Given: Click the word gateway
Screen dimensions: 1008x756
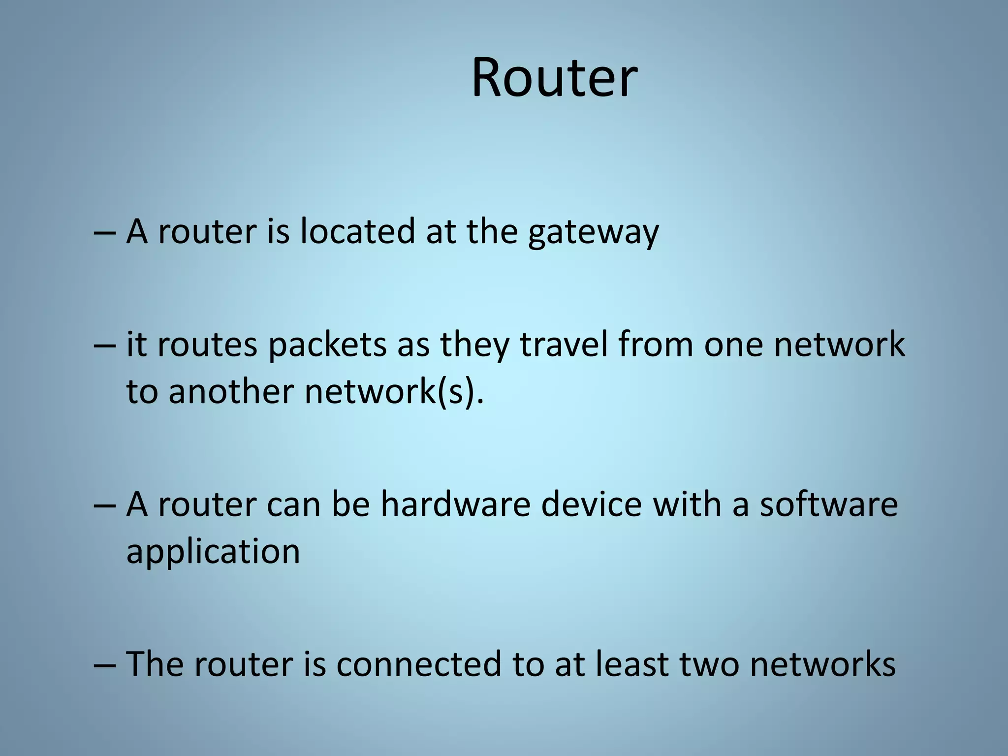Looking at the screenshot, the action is [x=593, y=232].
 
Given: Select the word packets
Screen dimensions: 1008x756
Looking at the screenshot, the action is [x=327, y=345].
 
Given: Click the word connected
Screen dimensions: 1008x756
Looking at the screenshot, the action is [x=419, y=664].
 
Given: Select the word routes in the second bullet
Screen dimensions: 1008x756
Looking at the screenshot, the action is [x=207, y=345].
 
